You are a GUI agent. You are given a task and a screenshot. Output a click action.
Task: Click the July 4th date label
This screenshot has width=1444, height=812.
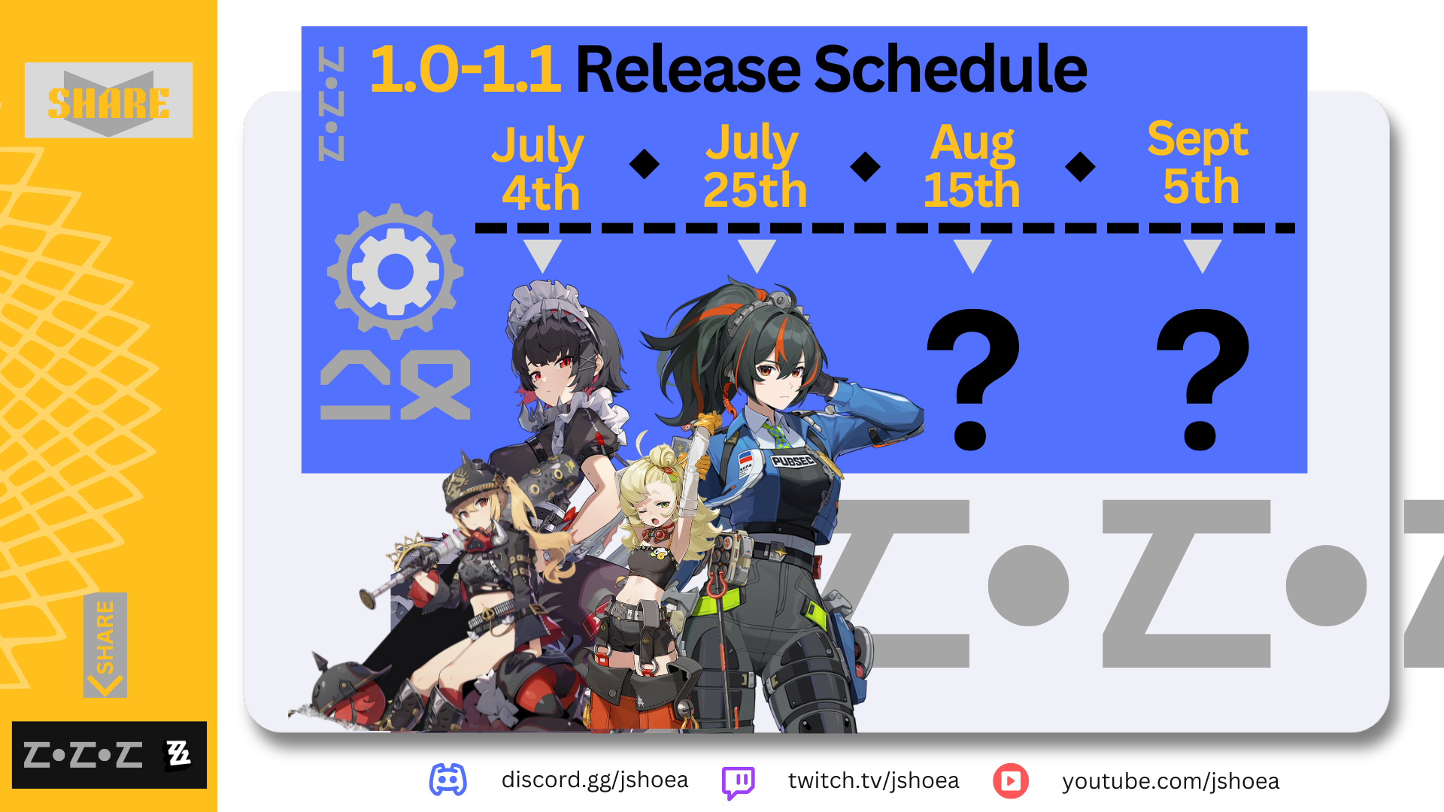pos(539,169)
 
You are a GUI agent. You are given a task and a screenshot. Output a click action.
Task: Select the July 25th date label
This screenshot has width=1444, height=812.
pos(754,167)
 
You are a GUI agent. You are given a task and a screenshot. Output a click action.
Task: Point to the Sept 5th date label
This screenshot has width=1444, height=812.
pos(1199,163)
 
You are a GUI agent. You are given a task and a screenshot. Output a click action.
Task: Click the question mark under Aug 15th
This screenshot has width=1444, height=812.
pos(972,378)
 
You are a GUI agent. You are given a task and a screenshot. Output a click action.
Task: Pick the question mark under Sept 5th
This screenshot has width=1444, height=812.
pos(1203,378)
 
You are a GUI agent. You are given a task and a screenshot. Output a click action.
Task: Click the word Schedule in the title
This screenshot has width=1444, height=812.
pos(951,69)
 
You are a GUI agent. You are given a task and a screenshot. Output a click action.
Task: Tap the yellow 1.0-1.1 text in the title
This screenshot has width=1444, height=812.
pos(465,69)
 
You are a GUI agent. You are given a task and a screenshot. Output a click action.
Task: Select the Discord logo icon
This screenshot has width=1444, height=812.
pos(448,780)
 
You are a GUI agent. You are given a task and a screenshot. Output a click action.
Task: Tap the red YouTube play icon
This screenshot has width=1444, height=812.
pos(1011,781)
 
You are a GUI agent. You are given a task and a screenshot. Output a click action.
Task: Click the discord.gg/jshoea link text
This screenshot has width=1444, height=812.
pos(595,780)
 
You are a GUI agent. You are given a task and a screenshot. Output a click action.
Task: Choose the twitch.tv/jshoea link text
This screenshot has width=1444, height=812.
pos(874,781)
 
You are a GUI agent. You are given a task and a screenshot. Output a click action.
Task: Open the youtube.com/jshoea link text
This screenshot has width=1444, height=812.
pos(1171,782)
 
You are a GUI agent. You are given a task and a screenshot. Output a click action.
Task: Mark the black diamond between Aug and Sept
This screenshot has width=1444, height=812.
pos(1081,166)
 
